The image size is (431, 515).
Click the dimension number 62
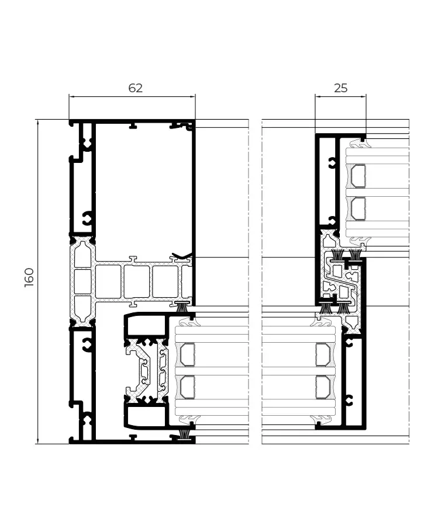pos(135,88)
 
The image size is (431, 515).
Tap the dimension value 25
pos(340,88)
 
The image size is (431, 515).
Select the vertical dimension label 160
pos(29,277)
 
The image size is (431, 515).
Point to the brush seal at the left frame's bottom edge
pos(185,434)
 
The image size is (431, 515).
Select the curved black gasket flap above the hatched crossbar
pos(182,256)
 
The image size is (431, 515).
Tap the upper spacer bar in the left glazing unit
pos(187,354)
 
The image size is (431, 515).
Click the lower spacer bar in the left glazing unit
pos(187,386)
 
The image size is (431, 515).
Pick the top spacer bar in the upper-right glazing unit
pos(357,176)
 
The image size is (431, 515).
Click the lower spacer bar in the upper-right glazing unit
pos(357,208)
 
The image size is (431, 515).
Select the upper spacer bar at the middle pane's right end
pos(322,354)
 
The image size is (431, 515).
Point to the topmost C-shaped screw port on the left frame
pos(87,142)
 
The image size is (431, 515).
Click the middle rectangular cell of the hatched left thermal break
pos(82,281)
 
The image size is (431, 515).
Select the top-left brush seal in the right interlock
pos(337,255)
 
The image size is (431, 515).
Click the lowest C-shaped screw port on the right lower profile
pos(349,400)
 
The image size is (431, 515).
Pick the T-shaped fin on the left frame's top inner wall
pos(133,125)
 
